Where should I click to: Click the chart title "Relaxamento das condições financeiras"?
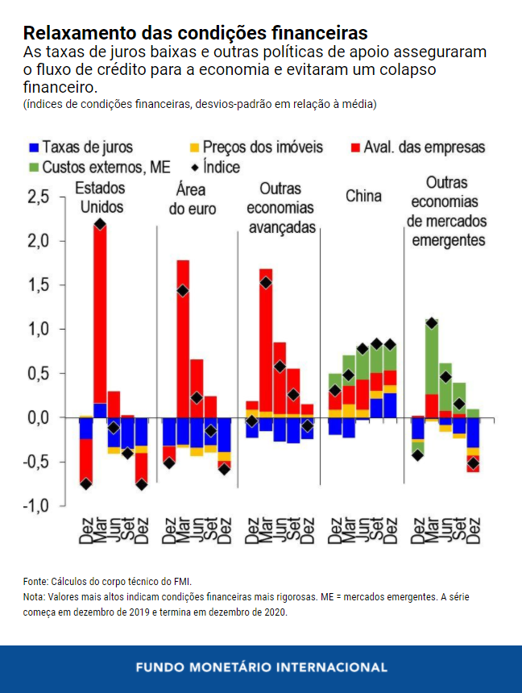point(196,33)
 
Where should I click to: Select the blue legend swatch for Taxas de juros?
point(32,147)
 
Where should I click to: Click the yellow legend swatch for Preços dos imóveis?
point(194,147)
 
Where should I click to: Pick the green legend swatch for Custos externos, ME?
point(32,168)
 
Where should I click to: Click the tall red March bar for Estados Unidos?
point(100,314)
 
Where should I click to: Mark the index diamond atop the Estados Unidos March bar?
point(100,224)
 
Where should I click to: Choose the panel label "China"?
point(363,197)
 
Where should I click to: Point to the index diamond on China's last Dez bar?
point(391,344)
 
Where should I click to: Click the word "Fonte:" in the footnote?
point(36,581)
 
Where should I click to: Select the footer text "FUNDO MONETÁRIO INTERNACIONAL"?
point(261,668)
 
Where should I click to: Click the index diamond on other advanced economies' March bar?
point(266,282)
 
